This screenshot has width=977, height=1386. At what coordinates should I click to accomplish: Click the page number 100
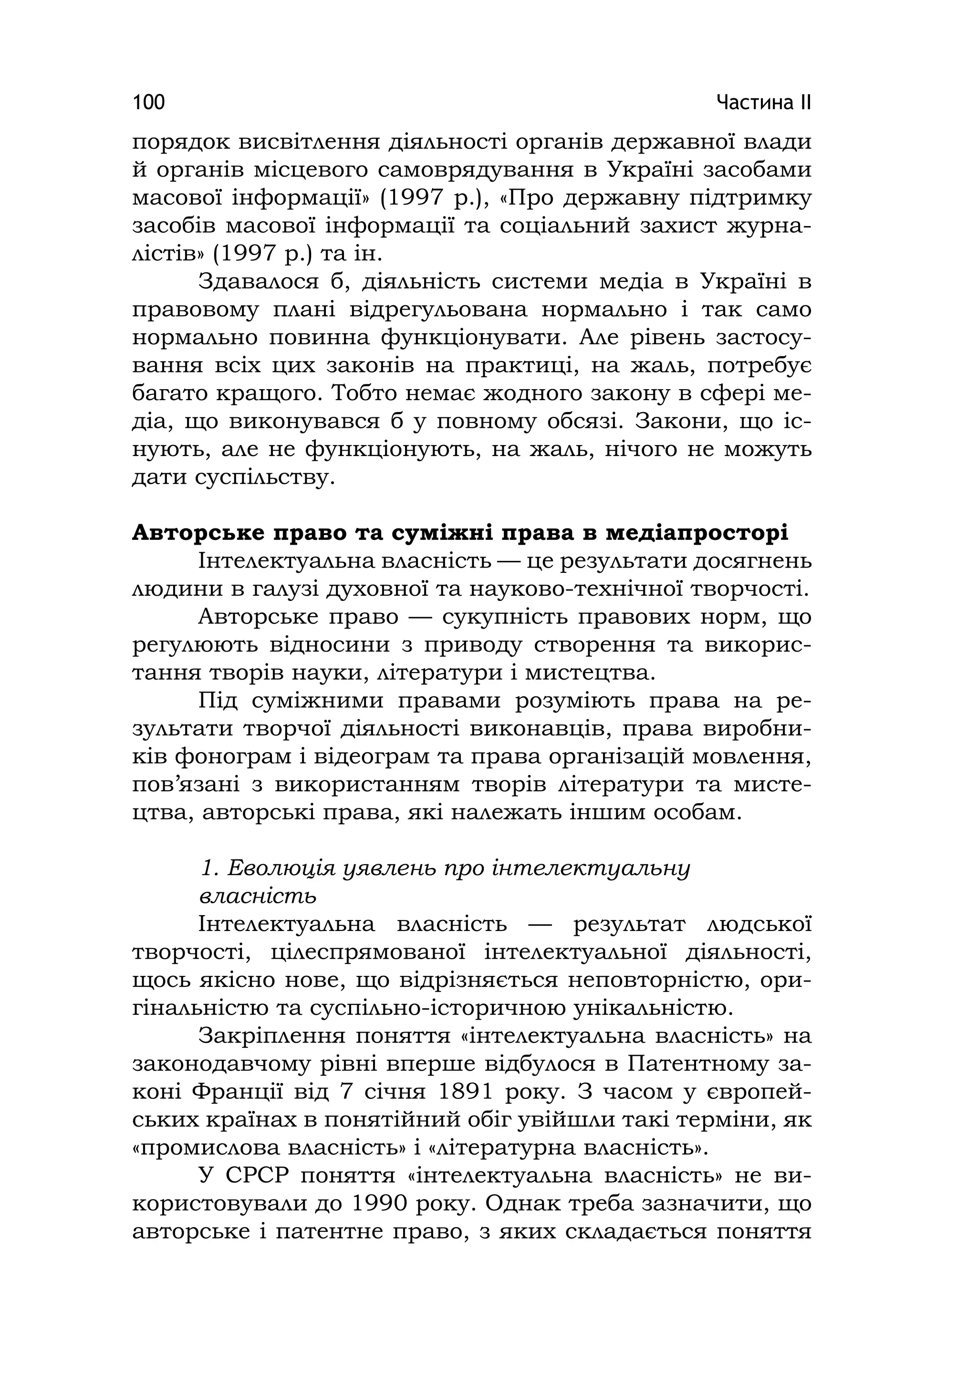pos(148,102)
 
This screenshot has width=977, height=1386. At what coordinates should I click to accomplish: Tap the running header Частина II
pos(763,102)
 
